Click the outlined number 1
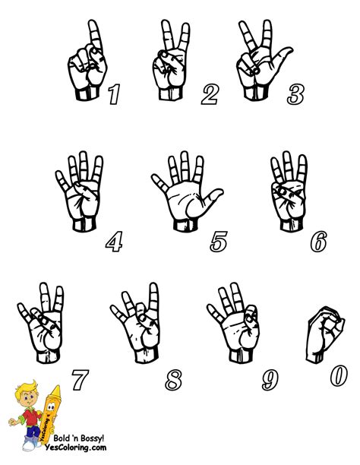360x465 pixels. click(114, 94)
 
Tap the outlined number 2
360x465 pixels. click(210, 95)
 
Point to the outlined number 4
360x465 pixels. click(113, 242)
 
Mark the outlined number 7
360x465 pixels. click(80, 378)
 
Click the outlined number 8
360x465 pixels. click(174, 377)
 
